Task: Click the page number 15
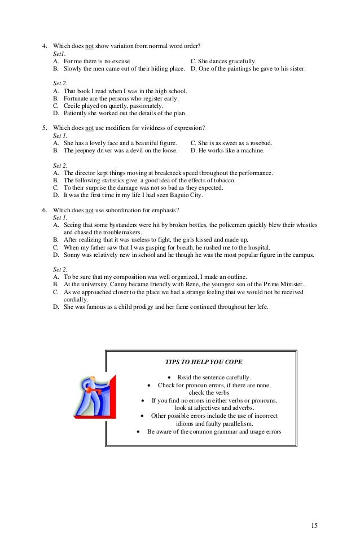[x=314, y=526]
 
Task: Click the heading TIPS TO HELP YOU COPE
[x=204, y=361]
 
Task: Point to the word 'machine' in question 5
[x=252, y=151]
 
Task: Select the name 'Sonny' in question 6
[x=73, y=255]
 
